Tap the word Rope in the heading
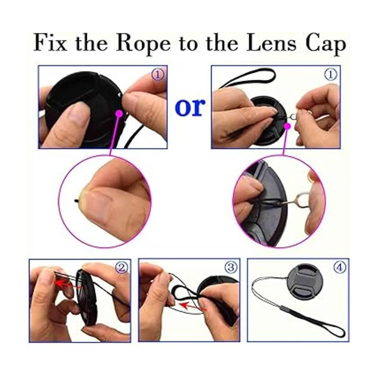[x=143, y=44]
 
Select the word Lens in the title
[x=271, y=43]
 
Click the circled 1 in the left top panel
[x=158, y=75]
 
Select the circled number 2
[x=121, y=267]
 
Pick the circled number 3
[x=231, y=267]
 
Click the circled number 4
[x=340, y=267]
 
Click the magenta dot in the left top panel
[x=119, y=113]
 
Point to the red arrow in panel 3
[x=193, y=310]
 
